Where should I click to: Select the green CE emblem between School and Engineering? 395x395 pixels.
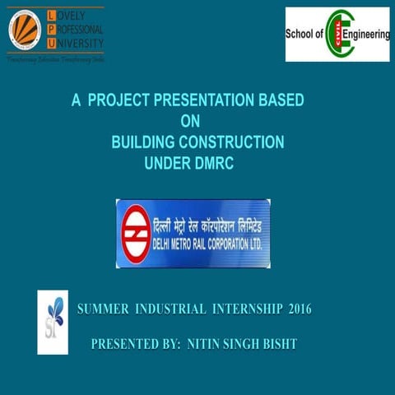coord(339,35)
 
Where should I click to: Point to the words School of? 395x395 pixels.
coord(305,35)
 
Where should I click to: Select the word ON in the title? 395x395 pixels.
coord(190,122)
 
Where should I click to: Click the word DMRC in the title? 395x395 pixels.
coord(212,163)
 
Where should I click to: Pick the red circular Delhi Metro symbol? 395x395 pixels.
coord(134,233)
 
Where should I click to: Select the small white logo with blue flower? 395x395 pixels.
coord(53,322)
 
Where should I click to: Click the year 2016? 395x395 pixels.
coord(300,309)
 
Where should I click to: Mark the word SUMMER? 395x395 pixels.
coord(103,309)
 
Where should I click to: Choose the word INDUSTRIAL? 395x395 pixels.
coord(170,309)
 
